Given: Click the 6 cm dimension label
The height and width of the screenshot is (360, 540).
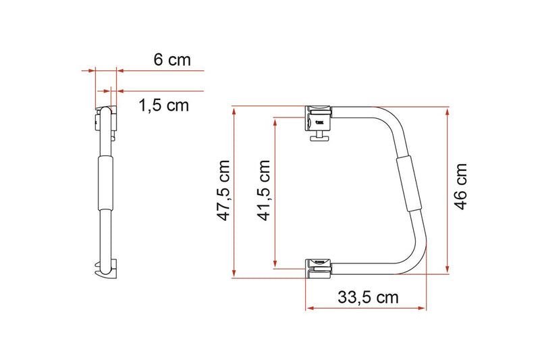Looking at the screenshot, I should click(x=172, y=59).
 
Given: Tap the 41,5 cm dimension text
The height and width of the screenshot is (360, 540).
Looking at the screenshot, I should click(x=265, y=191).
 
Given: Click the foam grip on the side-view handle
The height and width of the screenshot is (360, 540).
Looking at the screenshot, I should click(x=106, y=182).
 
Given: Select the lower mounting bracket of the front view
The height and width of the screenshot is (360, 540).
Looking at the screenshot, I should click(x=318, y=266).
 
